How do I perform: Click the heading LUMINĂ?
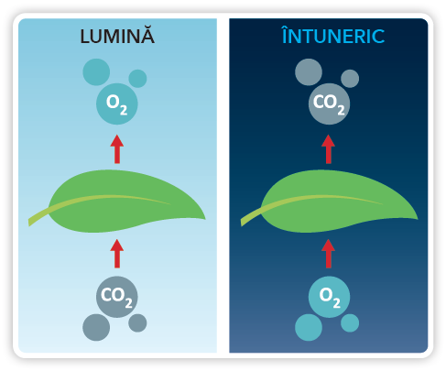pyautogui.click(x=117, y=36)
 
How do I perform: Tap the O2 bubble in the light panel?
pyautogui.click(x=117, y=104)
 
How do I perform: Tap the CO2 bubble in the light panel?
pyautogui.click(x=117, y=297)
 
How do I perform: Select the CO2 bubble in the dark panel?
pyautogui.click(x=329, y=104)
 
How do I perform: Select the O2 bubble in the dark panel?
pyautogui.click(x=329, y=297)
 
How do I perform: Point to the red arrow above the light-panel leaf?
pyautogui.click(x=117, y=149)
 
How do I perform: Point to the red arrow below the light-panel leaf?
pyautogui.click(x=117, y=254)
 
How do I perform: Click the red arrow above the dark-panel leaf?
pyautogui.click(x=329, y=149)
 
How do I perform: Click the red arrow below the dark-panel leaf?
pyautogui.click(x=329, y=254)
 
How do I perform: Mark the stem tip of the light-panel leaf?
pyautogui.click(x=29, y=223)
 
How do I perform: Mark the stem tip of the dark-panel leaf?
pyautogui.click(x=241, y=223)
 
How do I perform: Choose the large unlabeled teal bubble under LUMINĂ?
pyautogui.click(x=96, y=72)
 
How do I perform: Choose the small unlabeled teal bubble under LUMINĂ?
pyautogui.click(x=137, y=79)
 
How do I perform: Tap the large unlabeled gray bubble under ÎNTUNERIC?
pyautogui.click(x=309, y=72)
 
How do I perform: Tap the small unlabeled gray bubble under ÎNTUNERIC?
pyautogui.click(x=350, y=79)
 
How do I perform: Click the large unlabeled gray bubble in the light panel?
pyautogui.click(x=96, y=327)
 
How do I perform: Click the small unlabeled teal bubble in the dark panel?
pyautogui.click(x=350, y=322)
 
